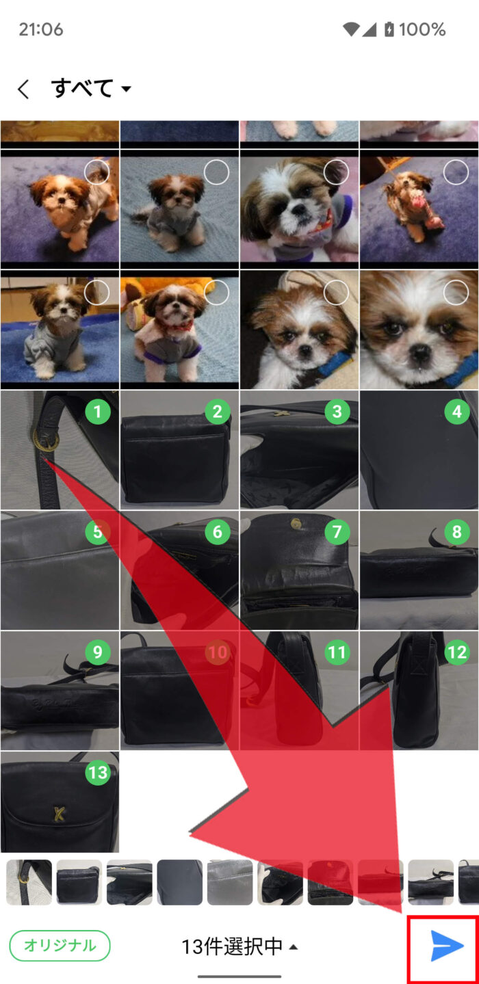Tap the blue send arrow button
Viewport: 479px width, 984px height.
coord(447,945)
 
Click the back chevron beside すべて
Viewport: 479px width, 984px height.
coord(23,89)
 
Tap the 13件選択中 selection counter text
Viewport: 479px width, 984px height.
coord(231,946)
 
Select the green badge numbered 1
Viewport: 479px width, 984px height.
coord(98,412)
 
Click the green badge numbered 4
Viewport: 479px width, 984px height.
coord(457,412)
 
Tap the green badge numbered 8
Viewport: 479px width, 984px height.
coord(457,531)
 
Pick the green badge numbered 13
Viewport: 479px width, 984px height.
coord(98,772)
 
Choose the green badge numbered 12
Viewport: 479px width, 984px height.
coord(457,652)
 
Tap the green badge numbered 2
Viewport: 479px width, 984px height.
coord(218,412)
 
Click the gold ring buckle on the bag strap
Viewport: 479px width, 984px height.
coord(46,438)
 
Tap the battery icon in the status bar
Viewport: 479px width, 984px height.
coord(389,29)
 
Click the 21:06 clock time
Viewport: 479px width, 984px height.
coord(41,29)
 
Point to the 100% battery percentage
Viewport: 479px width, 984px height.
coord(422,29)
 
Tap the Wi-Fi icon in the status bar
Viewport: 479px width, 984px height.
coord(351,29)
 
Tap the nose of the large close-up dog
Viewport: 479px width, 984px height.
coord(421,351)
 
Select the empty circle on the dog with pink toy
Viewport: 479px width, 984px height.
coord(456,172)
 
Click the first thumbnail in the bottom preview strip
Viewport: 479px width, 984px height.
coord(29,882)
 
